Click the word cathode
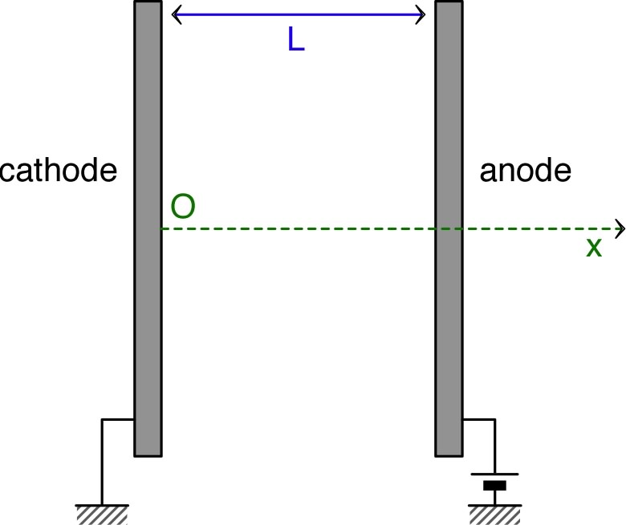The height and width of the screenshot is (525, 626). pos(59,171)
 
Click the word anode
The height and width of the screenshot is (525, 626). pos(526,171)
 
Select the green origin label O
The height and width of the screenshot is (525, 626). pos(183,208)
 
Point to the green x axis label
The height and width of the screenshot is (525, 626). pos(593,248)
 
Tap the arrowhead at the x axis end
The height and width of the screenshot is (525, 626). pos(620,229)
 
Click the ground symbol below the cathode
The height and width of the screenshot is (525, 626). pos(102,514)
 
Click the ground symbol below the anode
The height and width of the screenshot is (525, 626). pos(495,514)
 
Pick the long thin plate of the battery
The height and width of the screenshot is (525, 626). pos(495,474)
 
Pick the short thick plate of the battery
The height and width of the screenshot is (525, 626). pos(495,486)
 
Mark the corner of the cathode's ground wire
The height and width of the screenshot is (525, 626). pos(102,419)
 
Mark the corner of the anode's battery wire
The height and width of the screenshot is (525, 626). pos(495,419)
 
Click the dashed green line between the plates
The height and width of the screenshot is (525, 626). pos(297,229)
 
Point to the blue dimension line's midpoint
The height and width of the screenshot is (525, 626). pos(298,14)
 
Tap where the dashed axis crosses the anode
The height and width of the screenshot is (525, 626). pos(449,229)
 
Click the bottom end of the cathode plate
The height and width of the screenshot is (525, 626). pos(148,454)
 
